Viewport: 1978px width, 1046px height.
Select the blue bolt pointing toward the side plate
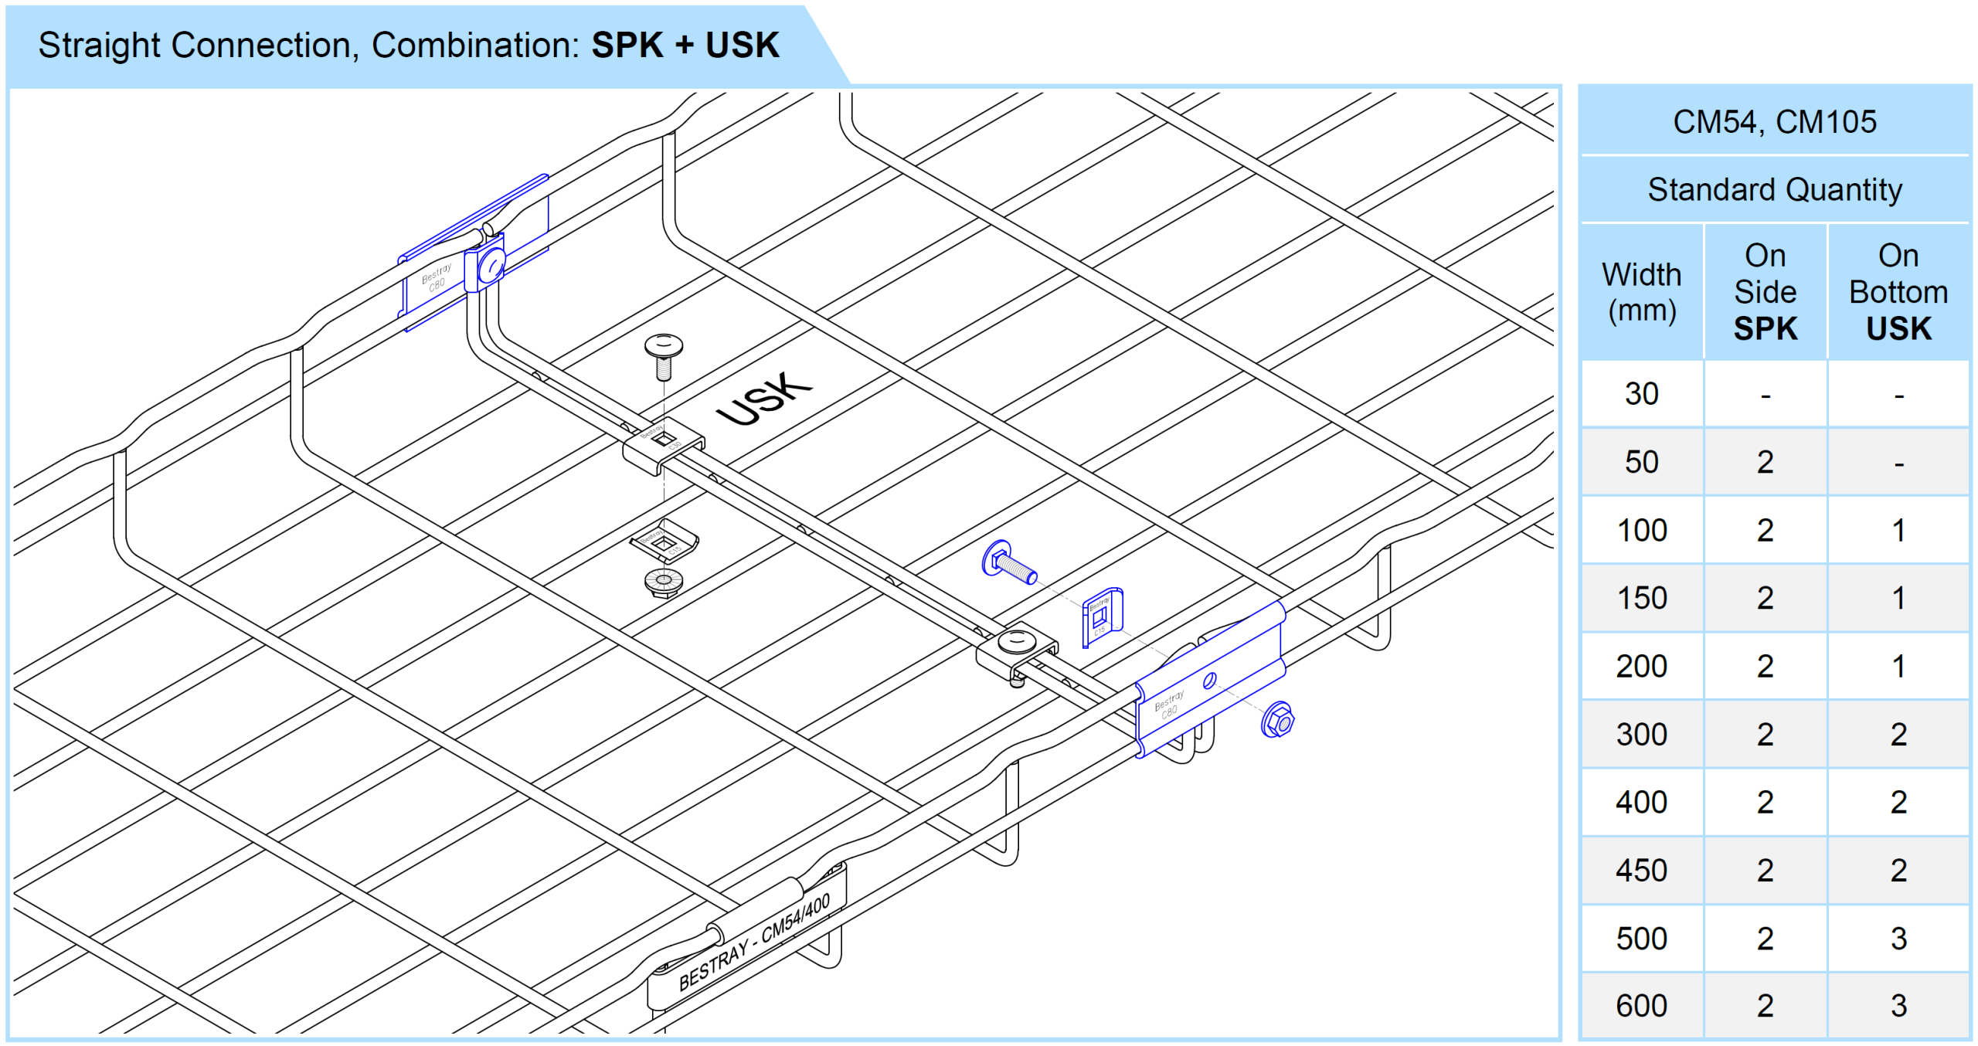pos(1008,563)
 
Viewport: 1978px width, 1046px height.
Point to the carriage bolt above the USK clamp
pos(663,355)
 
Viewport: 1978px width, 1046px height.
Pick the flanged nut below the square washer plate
pos(663,582)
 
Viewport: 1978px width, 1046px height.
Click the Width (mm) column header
pos(1641,292)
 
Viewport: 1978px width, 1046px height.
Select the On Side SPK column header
pos(1765,292)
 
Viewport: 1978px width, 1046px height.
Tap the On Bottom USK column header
pos(1898,292)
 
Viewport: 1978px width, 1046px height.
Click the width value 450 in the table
pos(1641,871)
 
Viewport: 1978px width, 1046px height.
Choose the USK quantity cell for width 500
pos(1898,939)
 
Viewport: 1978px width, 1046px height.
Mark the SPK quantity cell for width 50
pos(1765,462)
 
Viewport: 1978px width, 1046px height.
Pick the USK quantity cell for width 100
pos(1898,531)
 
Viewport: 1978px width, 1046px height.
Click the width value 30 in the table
pos(1641,394)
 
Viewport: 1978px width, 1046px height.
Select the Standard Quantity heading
pos(1774,190)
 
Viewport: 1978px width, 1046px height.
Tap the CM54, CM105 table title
pos(1774,122)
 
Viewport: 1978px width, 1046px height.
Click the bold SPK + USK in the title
pos(685,45)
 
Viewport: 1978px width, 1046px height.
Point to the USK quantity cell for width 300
pos(1898,735)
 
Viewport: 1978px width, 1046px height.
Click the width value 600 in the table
pos(1641,1006)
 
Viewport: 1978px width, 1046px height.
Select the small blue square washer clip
pos(1101,616)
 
